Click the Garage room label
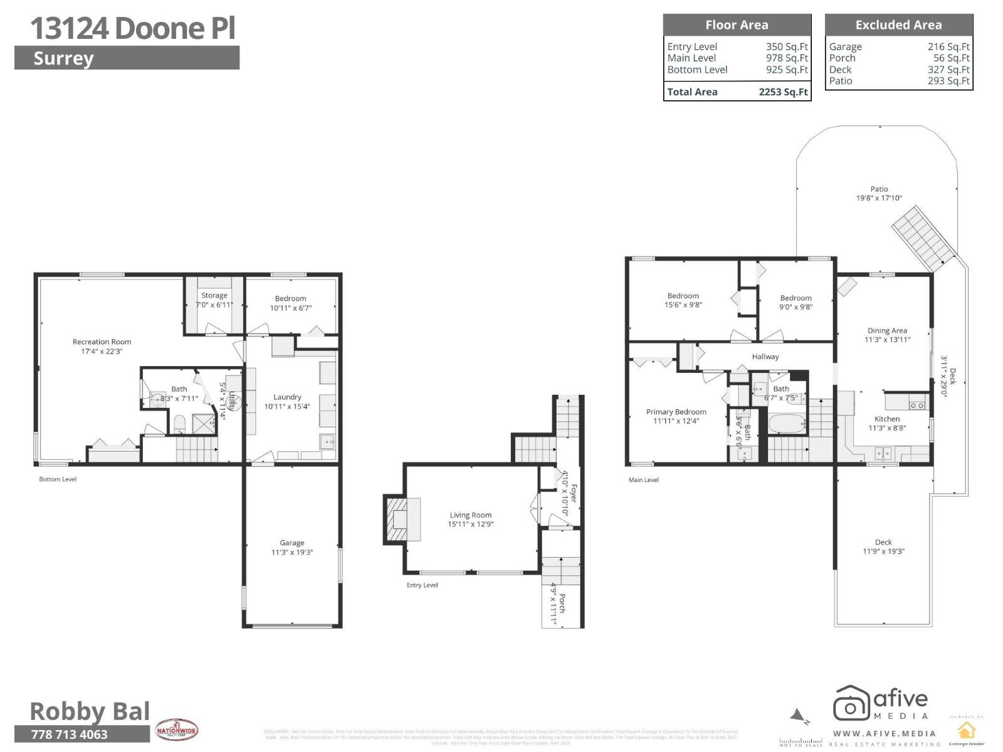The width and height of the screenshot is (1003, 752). pos(291,543)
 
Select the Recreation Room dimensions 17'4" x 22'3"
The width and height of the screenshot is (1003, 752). pos(102,352)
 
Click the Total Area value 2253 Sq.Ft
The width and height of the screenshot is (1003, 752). pos(783,92)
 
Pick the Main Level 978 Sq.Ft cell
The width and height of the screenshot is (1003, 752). pos(787,58)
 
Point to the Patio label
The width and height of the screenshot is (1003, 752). pos(879,189)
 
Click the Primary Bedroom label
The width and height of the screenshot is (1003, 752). pos(676,412)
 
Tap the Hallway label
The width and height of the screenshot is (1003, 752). pos(765,357)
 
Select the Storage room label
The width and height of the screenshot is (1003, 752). pos(214,295)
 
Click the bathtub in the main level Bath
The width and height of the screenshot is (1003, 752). pos(786,425)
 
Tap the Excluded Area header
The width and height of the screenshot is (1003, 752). pos(898,25)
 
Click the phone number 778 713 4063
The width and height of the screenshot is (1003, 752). pos(70,734)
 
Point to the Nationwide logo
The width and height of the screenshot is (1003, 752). pos(177,730)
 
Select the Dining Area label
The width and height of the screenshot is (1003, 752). pos(887,330)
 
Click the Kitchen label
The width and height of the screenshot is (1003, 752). pos(887,419)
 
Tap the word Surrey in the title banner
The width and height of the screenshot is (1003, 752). pos(63,58)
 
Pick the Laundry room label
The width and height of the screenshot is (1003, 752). pos(287,397)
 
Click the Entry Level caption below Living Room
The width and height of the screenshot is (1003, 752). pos(422,585)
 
